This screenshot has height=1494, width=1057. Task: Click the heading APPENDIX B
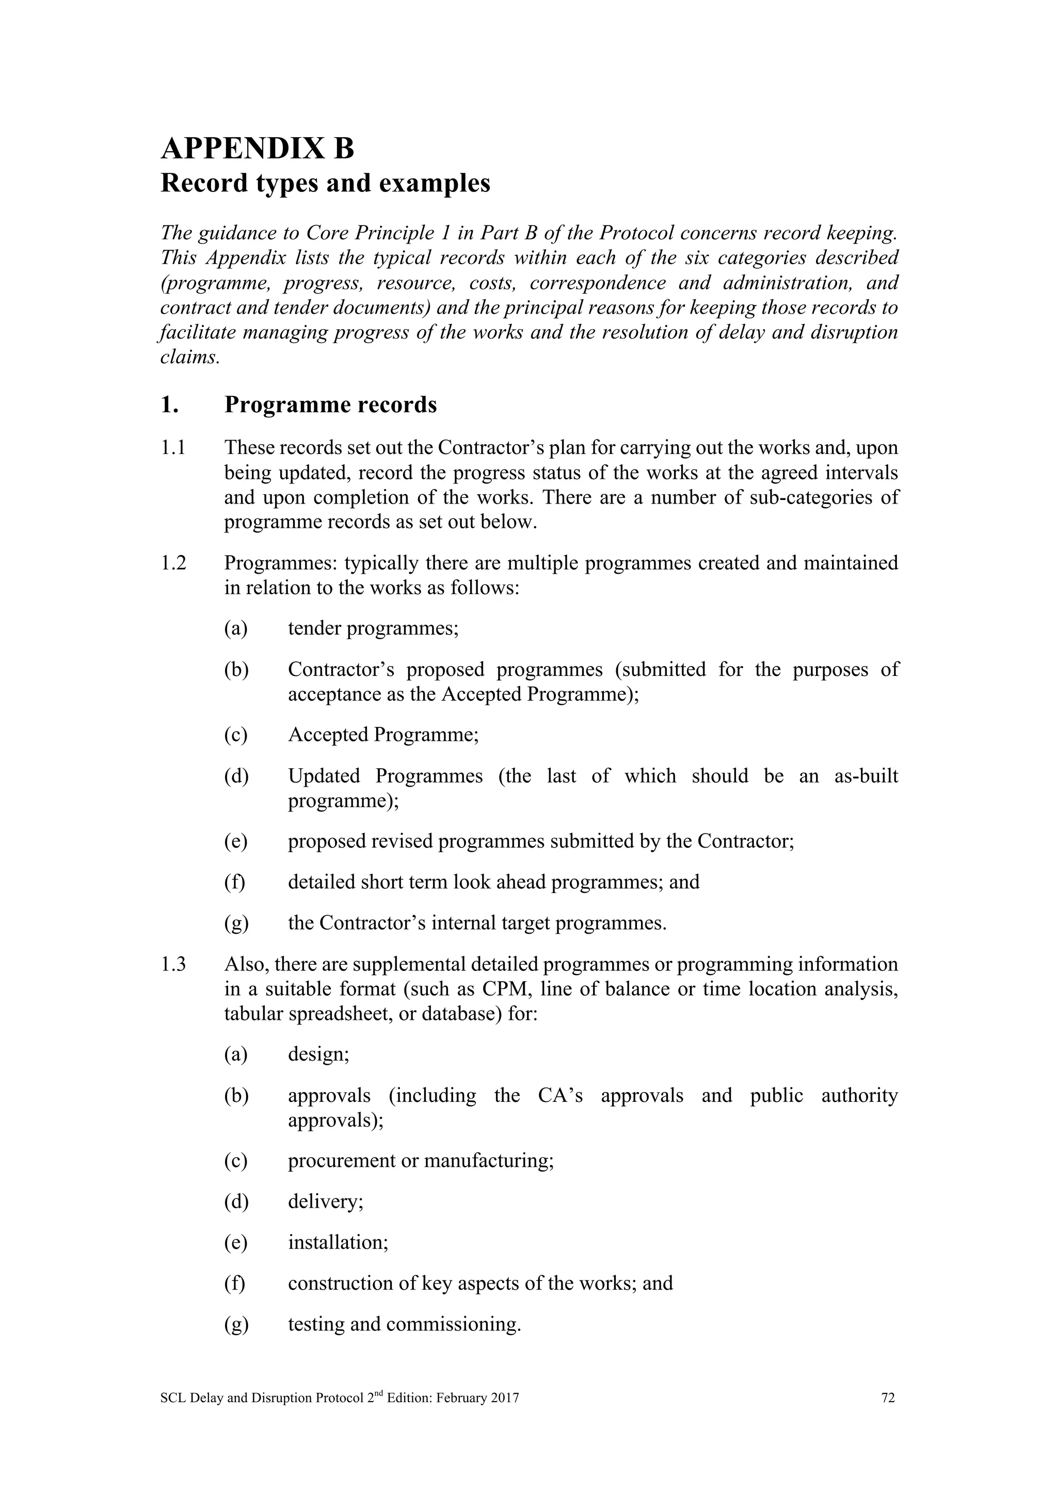[x=257, y=149]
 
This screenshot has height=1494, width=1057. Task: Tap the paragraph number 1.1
[x=173, y=448]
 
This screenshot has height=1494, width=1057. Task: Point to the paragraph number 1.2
[x=173, y=563]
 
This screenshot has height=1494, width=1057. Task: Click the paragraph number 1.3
[x=173, y=964]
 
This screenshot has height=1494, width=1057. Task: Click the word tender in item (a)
[x=315, y=628]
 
